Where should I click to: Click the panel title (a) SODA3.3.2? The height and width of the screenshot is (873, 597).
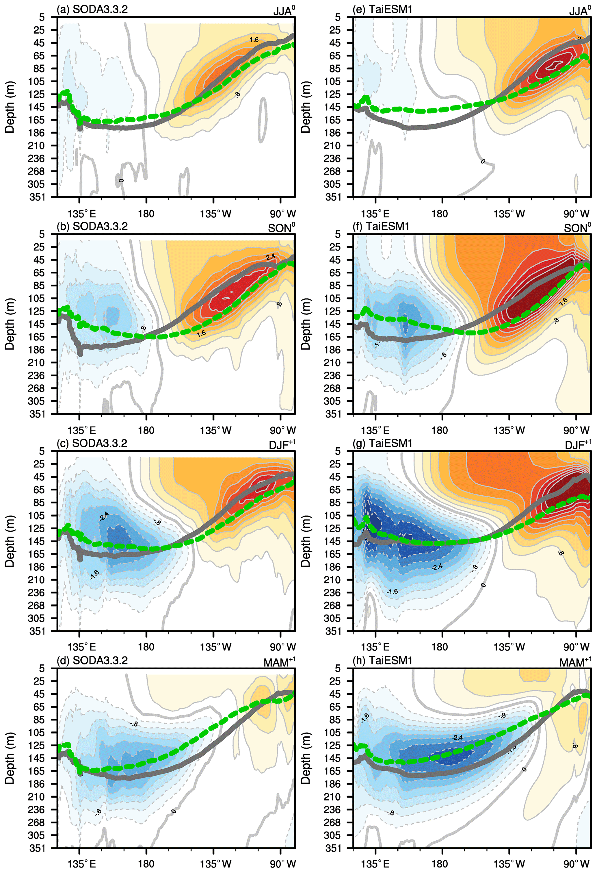coord(92,9)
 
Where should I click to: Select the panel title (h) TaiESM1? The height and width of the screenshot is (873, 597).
coord(383,660)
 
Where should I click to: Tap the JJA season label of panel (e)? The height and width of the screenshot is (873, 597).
coord(579,11)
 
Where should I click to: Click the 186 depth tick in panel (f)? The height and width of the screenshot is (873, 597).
coord(333,350)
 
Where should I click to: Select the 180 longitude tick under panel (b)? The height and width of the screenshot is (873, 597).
coord(146,431)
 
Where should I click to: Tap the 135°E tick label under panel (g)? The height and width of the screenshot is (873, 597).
coord(375,647)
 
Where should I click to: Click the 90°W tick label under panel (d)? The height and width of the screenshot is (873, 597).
coord(283,864)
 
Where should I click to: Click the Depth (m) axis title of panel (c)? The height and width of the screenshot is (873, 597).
coord(10,541)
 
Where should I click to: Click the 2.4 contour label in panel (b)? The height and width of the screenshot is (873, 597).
coord(270,257)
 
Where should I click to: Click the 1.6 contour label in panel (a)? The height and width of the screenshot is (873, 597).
coord(254,39)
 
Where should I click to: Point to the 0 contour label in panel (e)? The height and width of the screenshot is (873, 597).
coord(483,161)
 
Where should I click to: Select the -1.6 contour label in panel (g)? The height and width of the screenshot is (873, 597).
coord(392,592)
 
